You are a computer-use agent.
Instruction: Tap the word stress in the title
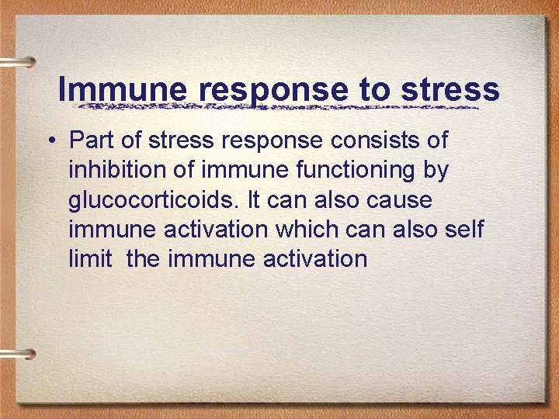[451, 90]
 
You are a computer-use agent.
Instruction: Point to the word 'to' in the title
[377, 90]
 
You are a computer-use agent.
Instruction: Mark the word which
[309, 229]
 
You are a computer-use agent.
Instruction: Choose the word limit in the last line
[90, 258]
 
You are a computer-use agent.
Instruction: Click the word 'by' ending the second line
[436, 171]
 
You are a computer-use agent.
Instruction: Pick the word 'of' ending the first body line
[436, 140]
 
